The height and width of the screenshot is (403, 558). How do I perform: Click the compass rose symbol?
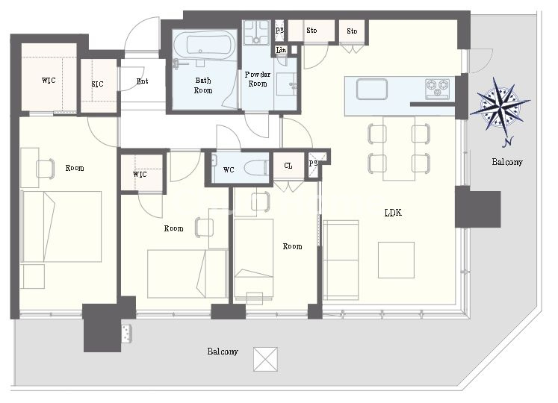point(500,106)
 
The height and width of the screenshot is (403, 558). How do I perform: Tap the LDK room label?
point(393,213)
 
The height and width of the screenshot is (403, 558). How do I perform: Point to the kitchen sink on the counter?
point(371,89)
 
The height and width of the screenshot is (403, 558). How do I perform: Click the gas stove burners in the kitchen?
point(438,88)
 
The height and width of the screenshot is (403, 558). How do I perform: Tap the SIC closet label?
point(97,84)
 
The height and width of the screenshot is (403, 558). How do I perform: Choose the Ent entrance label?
point(143,81)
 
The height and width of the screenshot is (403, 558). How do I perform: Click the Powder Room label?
point(258,79)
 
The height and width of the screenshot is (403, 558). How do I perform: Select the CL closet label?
point(288,166)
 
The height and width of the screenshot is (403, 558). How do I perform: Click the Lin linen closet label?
point(281,50)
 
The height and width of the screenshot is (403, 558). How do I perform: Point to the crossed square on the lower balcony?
point(265,359)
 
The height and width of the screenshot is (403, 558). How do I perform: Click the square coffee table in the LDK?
point(396,260)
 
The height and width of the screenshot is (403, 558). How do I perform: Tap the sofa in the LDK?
point(341,260)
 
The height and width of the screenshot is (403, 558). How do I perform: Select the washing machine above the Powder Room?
point(256,32)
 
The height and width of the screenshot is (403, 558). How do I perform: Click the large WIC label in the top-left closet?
point(49,81)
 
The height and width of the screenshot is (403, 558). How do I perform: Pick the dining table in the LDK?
point(399,149)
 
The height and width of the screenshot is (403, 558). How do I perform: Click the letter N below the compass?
point(508,142)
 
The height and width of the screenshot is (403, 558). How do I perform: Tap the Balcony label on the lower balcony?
point(223,352)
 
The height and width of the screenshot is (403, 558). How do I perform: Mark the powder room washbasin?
point(287,84)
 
